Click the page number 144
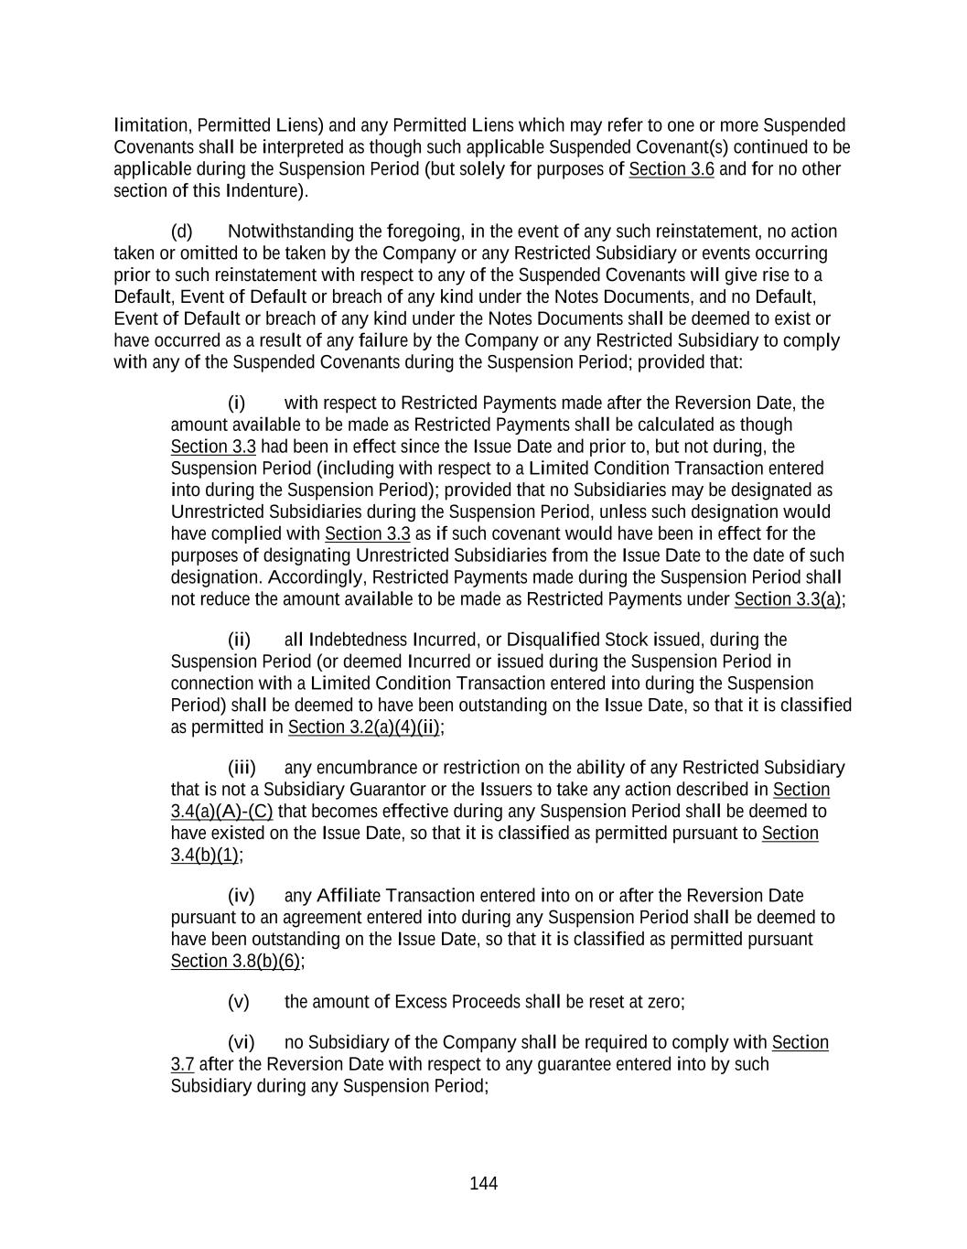click(x=483, y=1184)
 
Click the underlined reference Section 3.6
click(x=671, y=169)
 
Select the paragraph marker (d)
click(x=181, y=231)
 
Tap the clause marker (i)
click(x=236, y=404)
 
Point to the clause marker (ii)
click(x=239, y=640)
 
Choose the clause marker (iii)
click(x=242, y=768)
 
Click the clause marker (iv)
click(x=241, y=896)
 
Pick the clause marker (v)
click(x=238, y=1002)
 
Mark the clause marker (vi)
click(x=241, y=1043)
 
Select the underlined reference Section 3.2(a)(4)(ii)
click(x=364, y=727)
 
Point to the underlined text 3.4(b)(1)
click(x=205, y=856)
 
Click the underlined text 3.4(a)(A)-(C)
click(x=221, y=812)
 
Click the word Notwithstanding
click(x=290, y=231)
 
